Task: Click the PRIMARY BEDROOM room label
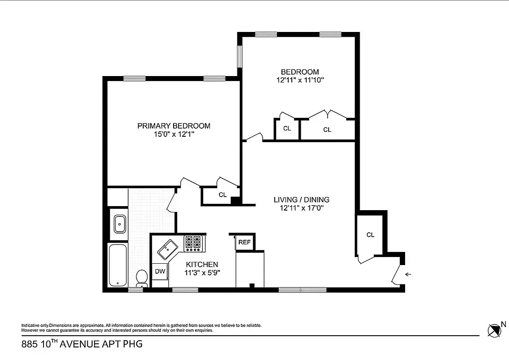[x=174, y=126]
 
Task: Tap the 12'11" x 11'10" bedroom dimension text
[x=300, y=80]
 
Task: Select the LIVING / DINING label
[x=301, y=200]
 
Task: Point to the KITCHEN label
[x=202, y=265]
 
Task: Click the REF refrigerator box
[x=244, y=242]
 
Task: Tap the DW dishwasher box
[x=160, y=271]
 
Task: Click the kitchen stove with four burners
[x=194, y=243]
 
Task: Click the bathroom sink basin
[x=120, y=224]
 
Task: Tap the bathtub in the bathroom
[x=118, y=265]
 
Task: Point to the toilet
[x=142, y=278]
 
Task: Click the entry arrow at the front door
[x=408, y=274]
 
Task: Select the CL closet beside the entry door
[x=370, y=235]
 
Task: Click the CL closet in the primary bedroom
[x=222, y=195]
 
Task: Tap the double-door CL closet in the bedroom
[x=327, y=130]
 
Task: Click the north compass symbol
[x=495, y=330]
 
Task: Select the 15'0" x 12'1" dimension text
[x=174, y=134]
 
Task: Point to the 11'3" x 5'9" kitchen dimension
[x=202, y=273]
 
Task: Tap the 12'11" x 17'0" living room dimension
[x=301, y=208]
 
